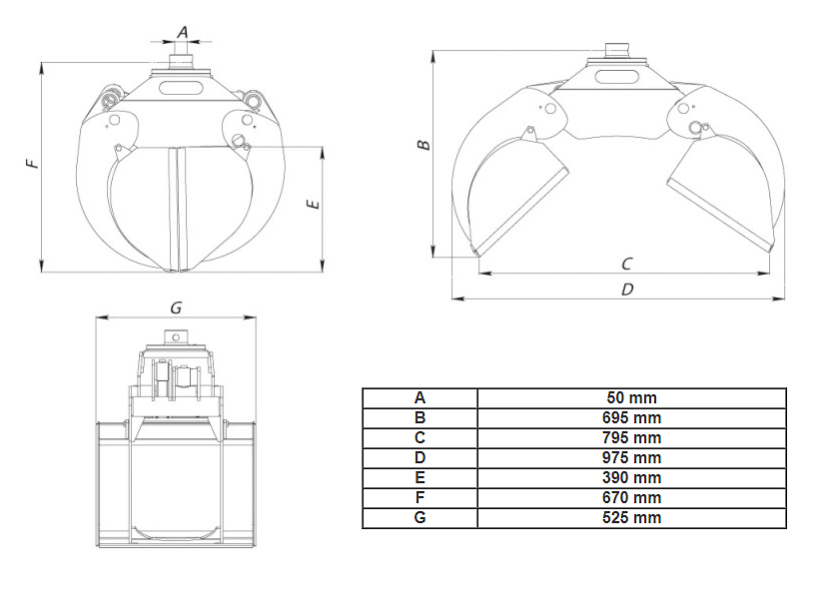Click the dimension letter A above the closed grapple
coord(183,32)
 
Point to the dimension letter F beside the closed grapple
coord(33,163)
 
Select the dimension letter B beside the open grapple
coord(423,145)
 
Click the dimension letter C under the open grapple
coord(627,264)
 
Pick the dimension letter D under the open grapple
coord(627,290)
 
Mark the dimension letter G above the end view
coord(176,307)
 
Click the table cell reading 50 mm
coord(631,397)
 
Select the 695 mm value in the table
coord(631,418)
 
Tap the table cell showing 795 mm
coord(631,437)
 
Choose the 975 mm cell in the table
coord(631,458)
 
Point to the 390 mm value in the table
coord(631,477)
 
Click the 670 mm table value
coord(631,498)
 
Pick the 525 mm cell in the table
coord(631,517)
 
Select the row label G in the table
coord(419,517)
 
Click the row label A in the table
coord(419,397)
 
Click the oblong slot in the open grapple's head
coord(616,77)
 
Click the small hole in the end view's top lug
coord(176,337)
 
